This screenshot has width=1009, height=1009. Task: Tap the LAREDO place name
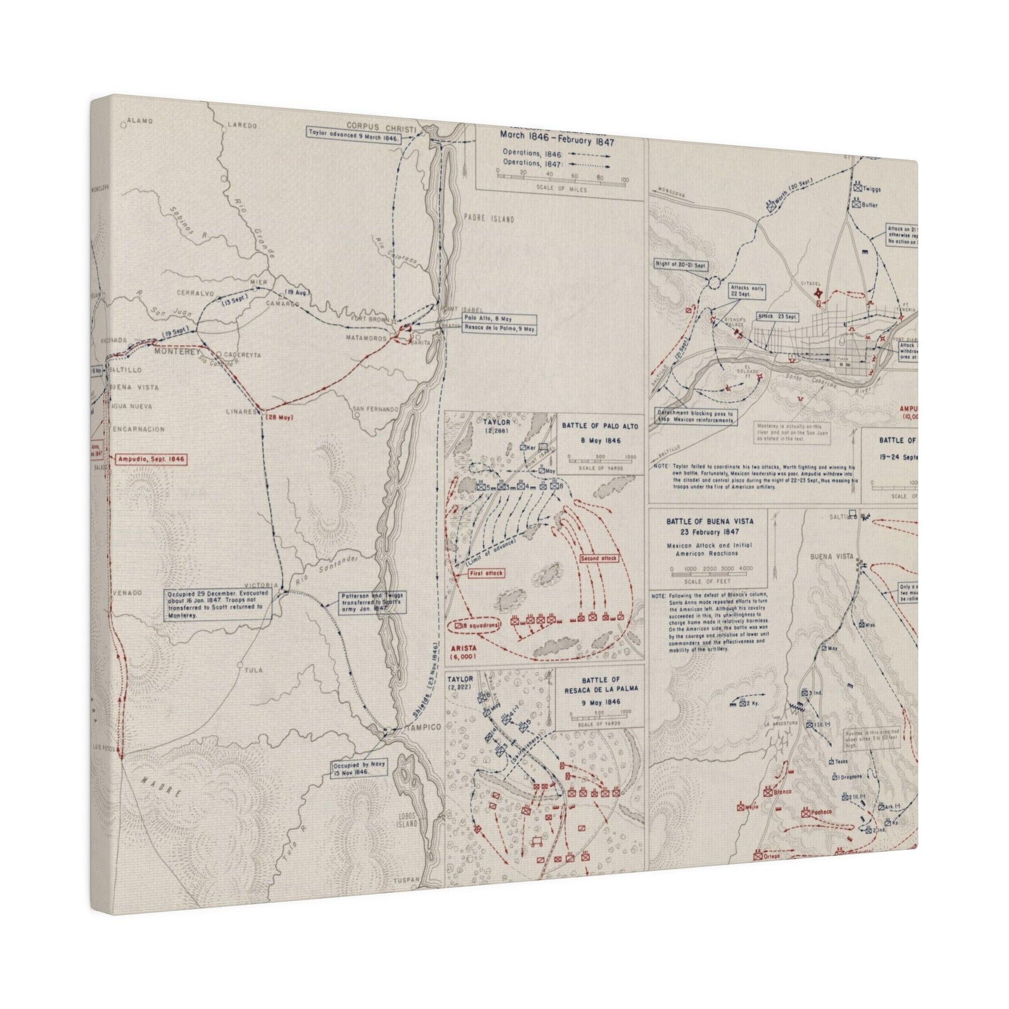(x=243, y=125)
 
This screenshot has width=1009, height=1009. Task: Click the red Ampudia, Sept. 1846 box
(x=151, y=459)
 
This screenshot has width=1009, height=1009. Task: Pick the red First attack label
(x=486, y=573)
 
